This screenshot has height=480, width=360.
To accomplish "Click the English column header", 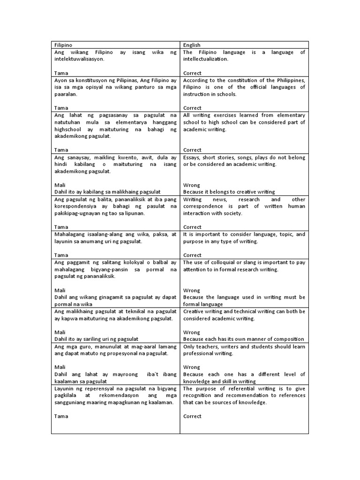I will pyautogui.click(x=192, y=45).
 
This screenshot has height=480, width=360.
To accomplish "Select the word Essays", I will pyautogui.click(x=192, y=157).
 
